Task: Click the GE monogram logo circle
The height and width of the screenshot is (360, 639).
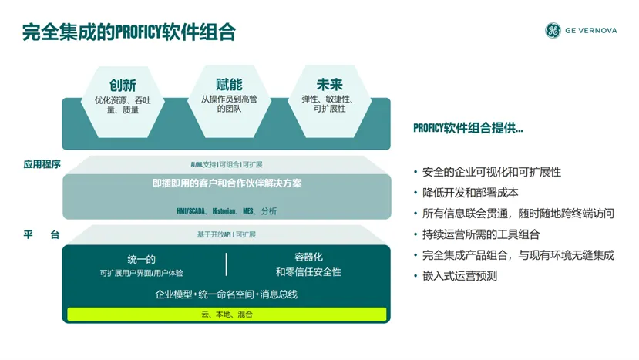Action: [x=553, y=30]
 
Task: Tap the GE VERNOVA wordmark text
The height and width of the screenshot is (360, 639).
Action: [x=591, y=31]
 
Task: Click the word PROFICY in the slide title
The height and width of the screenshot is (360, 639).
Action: [x=138, y=32]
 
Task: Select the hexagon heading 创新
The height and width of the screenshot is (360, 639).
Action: [x=123, y=86]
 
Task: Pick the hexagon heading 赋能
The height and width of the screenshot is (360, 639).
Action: [x=229, y=84]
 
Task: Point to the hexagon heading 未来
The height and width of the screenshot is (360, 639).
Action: [x=329, y=84]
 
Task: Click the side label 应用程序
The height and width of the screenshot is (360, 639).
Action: [x=42, y=164]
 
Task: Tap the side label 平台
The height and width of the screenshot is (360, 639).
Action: [x=42, y=234]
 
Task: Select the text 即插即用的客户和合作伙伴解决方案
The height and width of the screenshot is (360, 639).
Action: [x=227, y=183]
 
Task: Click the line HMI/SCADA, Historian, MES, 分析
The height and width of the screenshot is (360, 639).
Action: [x=227, y=210]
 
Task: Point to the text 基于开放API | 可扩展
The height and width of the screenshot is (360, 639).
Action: [x=227, y=234]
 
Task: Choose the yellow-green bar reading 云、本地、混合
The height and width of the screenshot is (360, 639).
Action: [x=227, y=314]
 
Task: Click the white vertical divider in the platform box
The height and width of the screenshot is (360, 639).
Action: [x=226, y=264]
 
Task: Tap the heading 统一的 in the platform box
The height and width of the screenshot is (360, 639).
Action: [x=141, y=259]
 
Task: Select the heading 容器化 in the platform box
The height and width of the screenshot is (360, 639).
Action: [x=308, y=257]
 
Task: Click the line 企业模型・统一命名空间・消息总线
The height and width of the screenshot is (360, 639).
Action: [x=226, y=294]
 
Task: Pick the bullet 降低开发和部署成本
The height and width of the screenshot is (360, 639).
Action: [x=470, y=193]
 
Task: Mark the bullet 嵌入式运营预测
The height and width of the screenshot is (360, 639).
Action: [x=459, y=276]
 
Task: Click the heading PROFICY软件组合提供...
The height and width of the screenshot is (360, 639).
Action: [x=468, y=128]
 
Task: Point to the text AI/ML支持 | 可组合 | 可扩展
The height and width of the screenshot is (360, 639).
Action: [x=227, y=164]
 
